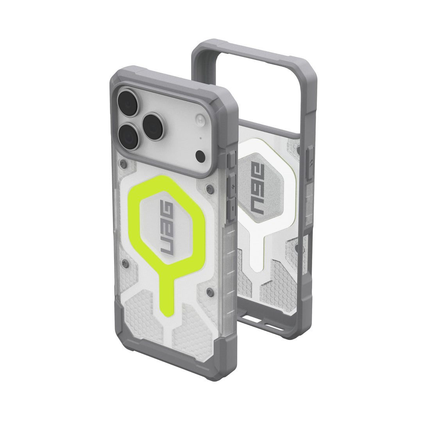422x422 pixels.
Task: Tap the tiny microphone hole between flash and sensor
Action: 200,138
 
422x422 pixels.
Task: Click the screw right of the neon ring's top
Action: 210,190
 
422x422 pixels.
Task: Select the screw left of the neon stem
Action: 124,262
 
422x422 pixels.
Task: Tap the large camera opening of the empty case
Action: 250,90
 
